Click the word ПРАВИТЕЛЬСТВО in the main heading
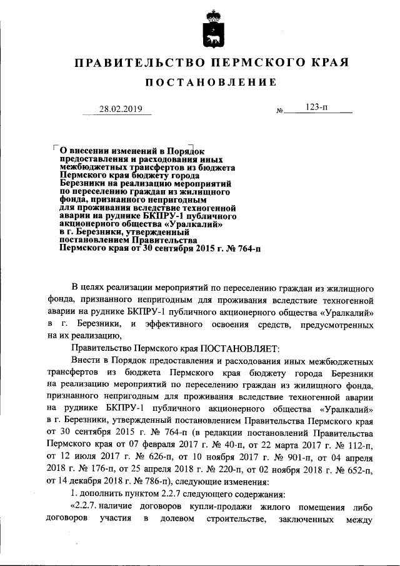click(137, 63)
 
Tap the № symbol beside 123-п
click(279, 111)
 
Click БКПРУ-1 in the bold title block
click(162, 213)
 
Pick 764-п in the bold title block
click(245, 248)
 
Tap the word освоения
click(234, 324)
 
